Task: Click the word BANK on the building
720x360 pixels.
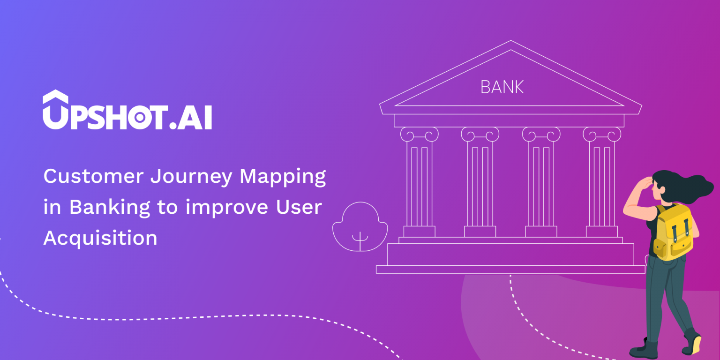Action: (x=502, y=87)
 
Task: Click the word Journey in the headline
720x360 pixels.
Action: (x=192, y=177)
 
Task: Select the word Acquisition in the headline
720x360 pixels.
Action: (x=100, y=238)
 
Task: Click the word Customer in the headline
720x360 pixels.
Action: (x=93, y=176)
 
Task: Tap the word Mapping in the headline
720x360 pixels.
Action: (x=283, y=177)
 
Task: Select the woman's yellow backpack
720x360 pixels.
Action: (x=674, y=232)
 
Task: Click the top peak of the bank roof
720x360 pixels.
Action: (x=510, y=42)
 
